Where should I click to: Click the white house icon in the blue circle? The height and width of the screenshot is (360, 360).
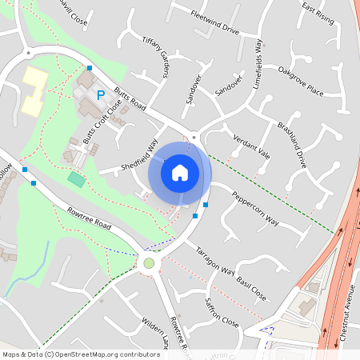coord(180,172)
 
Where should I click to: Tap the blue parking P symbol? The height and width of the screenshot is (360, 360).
coord(101,95)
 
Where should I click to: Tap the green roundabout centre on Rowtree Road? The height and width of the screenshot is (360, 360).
coord(148,262)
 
